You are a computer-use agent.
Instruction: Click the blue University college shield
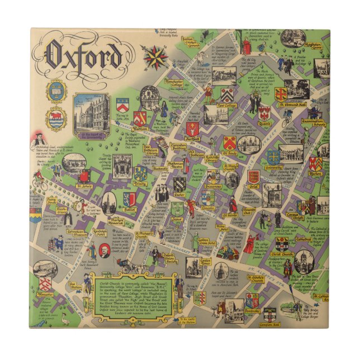(273, 157)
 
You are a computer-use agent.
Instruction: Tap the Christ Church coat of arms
(282, 243)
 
